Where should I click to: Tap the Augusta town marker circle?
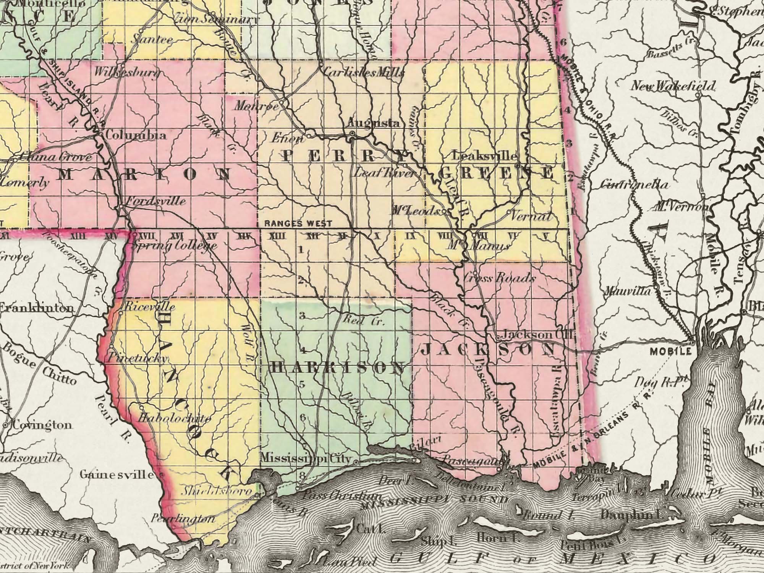[x=352, y=133]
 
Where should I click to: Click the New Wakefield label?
[x=672, y=86]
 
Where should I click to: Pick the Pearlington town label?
[x=183, y=519]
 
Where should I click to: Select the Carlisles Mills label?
[x=363, y=73]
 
